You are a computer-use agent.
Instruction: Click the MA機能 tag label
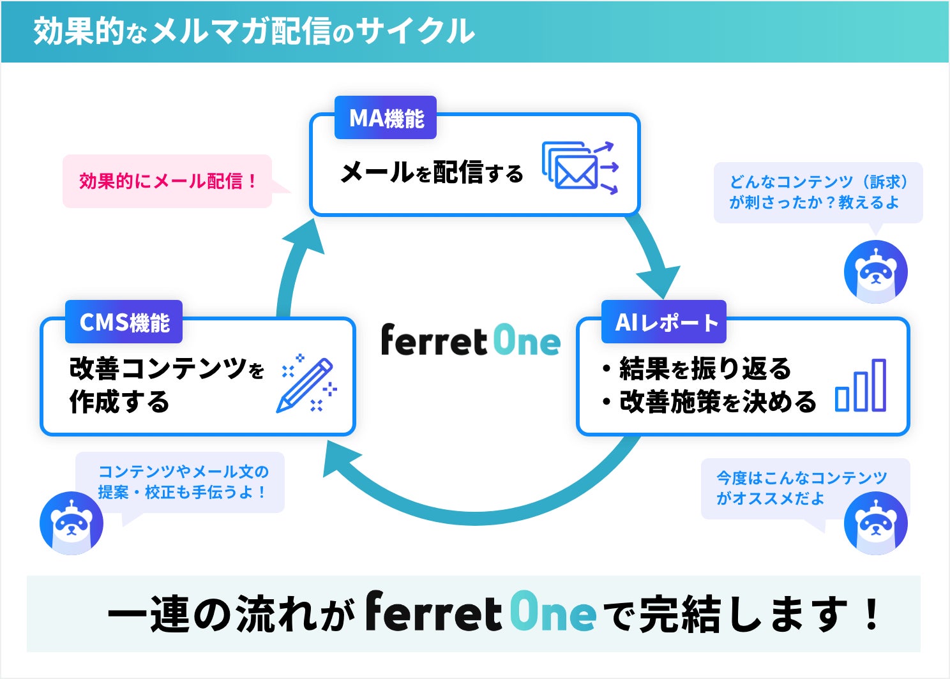(386, 118)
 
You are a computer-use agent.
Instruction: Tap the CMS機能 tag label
(124, 322)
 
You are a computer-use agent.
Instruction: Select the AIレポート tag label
(664, 322)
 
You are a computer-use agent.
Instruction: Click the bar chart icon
(861, 385)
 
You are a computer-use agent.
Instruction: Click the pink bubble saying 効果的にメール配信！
(168, 181)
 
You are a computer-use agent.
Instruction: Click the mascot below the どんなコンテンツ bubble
(875, 271)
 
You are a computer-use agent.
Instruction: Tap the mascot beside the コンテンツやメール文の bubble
(71, 523)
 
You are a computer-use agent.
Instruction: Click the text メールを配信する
(432, 172)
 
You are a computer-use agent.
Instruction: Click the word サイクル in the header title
(416, 31)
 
